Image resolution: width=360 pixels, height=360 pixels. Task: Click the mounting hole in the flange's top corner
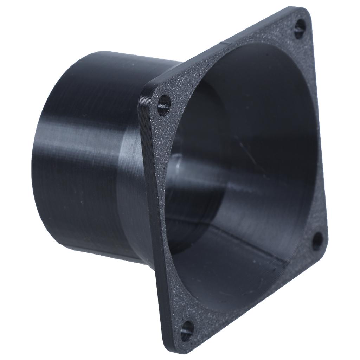click(x=300, y=28)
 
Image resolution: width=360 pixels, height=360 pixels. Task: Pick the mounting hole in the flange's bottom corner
click(x=187, y=329)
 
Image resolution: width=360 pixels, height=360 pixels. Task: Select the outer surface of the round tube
click(x=81, y=158)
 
